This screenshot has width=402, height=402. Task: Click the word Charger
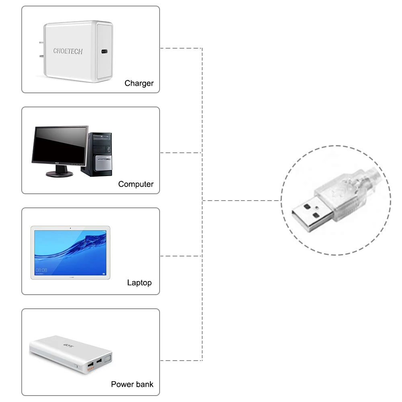pos(139,84)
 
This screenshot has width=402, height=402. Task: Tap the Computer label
pos(135,185)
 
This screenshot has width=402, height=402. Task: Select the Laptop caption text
pos(139,283)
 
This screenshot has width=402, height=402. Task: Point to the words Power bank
pos(132,384)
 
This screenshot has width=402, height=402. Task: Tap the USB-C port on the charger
pos(104,52)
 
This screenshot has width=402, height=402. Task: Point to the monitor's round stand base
pos(59,174)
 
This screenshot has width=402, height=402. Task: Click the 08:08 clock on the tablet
pos(41,270)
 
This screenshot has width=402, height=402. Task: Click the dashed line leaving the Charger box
pos(181,48)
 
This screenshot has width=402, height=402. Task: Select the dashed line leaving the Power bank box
pos(181,360)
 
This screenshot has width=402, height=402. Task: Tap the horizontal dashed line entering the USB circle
pos(241,200)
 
